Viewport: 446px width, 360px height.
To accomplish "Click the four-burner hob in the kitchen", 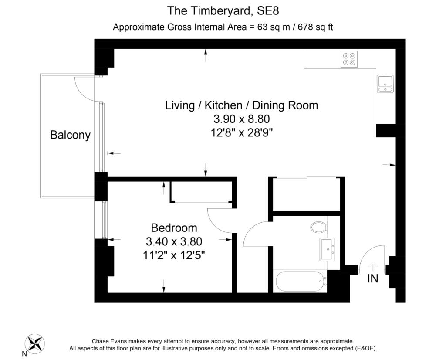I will coord(349,59).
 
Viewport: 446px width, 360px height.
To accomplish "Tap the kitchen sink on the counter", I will coord(385,83).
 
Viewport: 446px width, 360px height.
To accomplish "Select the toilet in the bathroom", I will coord(318,227).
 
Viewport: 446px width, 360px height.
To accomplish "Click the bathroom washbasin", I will coord(327,249).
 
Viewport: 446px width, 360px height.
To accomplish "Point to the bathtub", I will coord(301,282).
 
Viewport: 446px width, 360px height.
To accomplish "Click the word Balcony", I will coord(70,135).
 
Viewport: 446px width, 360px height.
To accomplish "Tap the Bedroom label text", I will coord(174,228).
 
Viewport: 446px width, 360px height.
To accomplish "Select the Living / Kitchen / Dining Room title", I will coord(241,105).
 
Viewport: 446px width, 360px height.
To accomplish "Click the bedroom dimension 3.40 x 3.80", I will coord(174,241).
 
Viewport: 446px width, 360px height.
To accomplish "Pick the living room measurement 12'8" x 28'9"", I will coord(242,132).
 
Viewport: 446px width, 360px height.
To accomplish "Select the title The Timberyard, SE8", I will coord(223,10).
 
